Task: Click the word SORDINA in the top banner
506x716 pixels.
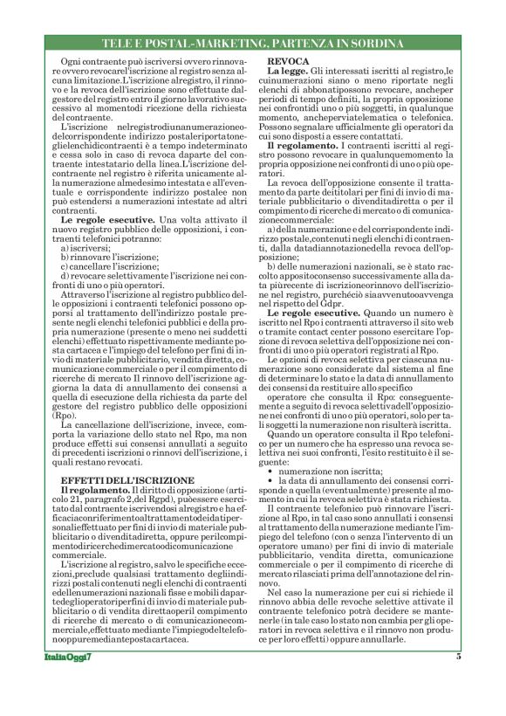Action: pyautogui.click(x=373, y=43)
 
